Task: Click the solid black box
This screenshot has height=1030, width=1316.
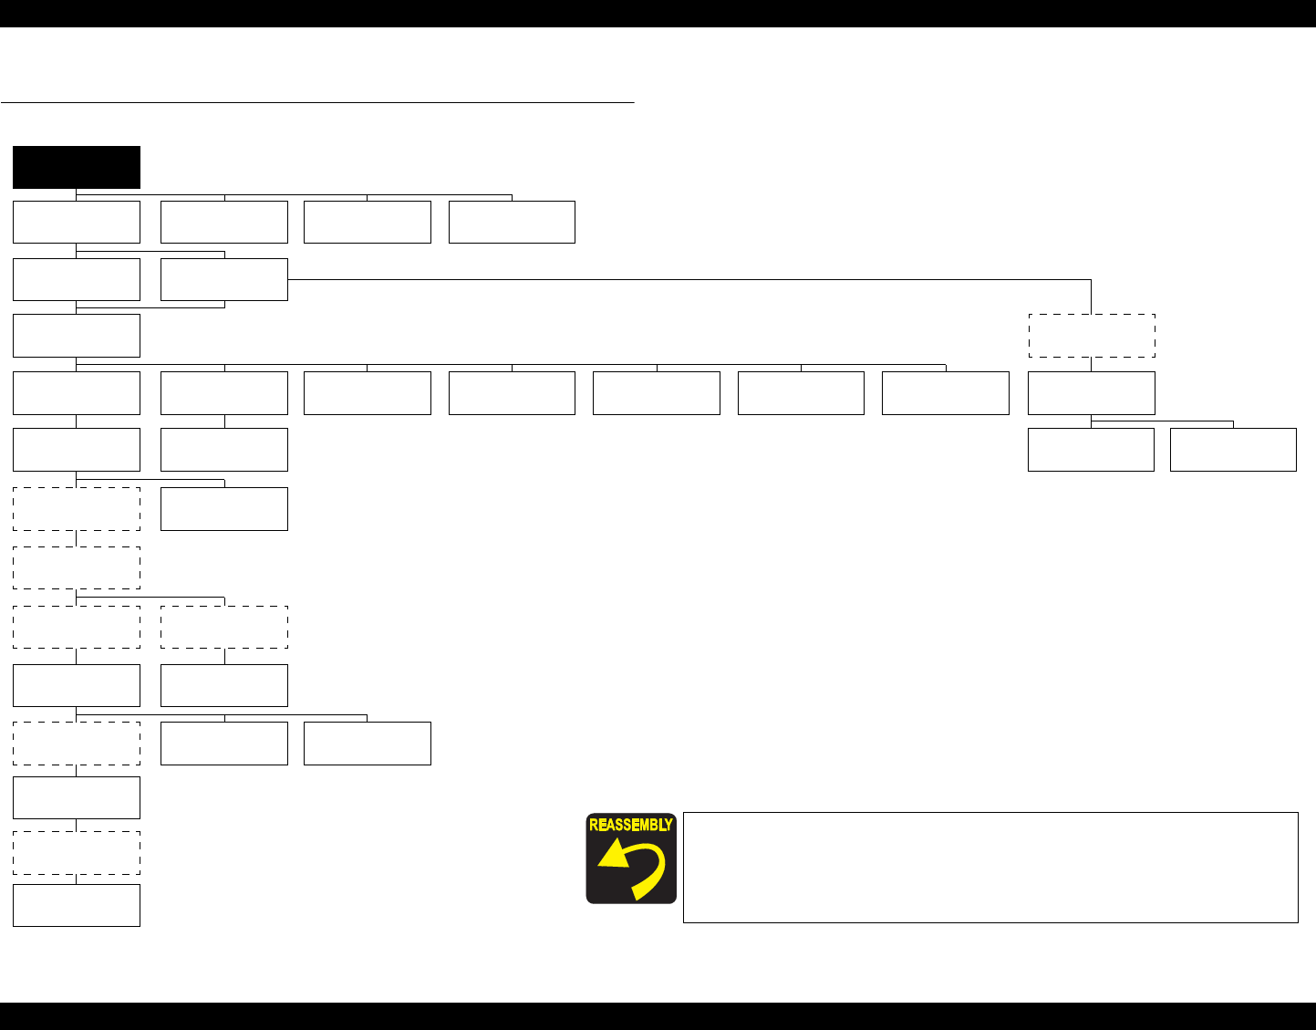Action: pyautogui.click(x=77, y=167)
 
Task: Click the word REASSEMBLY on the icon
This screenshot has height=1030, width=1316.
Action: pyautogui.click(x=631, y=825)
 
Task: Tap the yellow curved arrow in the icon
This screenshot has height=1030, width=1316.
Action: pyautogui.click(x=631, y=868)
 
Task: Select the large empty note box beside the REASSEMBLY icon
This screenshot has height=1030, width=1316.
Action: pyautogui.click(x=990, y=867)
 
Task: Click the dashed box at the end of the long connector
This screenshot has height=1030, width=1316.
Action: pyautogui.click(x=1092, y=336)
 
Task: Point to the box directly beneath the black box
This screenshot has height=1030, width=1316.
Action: pyautogui.click(x=77, y=222)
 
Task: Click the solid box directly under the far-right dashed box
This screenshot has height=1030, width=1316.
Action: pyautogui.click(x=1092, y=393)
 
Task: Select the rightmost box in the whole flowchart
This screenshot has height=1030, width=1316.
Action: pyautogui.click(x=1233, y=450)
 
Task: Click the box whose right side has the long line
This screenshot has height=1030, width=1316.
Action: pyautogui.click(x=224, y=279)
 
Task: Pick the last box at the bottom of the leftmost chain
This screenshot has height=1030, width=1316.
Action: pyautogui.click(x=77, y=905)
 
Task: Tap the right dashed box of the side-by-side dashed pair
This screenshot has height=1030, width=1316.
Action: pyautogui.click(x=224, y=627)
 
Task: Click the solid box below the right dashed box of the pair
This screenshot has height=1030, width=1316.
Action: pyautogui.click(x=224, y=685)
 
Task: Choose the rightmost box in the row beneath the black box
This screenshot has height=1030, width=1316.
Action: pyautogui.click(x=512, y=222)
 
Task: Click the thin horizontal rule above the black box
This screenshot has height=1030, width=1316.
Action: pyautogui.click(x=317, y=103)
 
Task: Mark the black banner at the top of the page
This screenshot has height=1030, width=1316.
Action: pyautogui.click(x=658, y=13)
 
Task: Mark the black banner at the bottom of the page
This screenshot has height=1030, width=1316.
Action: pyautogui.click(x=658, y=1016)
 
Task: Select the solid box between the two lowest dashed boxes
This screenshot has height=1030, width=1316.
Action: pyautogui.click(x=77, y=797)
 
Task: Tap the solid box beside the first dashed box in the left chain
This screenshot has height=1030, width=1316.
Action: pyautogui.click(x=224, y=509)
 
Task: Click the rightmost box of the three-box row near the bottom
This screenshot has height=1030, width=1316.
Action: pyautogui.click(x=368, y=744)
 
